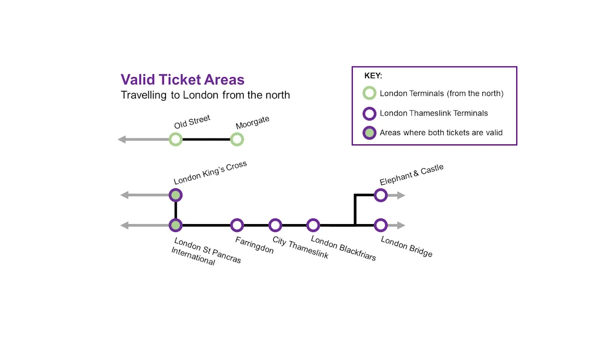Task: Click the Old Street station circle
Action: (175, 139)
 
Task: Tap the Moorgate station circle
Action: (237, 139)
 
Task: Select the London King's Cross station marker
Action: (175, 195)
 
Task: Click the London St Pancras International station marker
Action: (175, 226)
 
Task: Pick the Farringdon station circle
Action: (237, 226)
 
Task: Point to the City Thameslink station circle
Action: (275, 226)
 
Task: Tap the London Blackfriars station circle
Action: (312, 226)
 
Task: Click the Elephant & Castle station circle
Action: (381, 195)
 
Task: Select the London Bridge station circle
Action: (381, 226)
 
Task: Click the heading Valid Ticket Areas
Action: (182, 80)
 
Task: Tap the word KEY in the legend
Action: (373, 76)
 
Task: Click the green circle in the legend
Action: (369, 93)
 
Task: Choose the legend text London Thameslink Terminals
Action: (434, 113)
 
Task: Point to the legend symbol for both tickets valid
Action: (369, 132)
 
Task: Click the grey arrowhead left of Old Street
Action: (122, 139)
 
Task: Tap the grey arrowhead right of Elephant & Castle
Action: (401, 195)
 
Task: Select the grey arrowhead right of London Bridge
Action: (401, 226)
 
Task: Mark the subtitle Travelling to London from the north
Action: (205, 95)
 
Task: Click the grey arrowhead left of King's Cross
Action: (125, 195)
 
